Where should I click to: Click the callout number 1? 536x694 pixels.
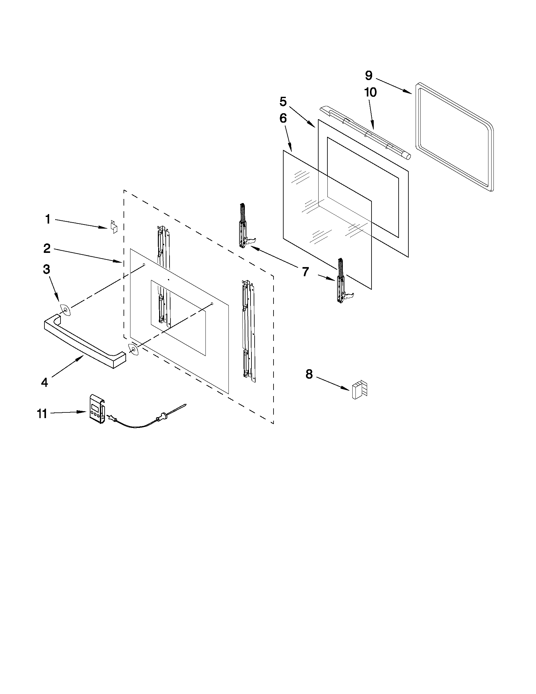point(48,219)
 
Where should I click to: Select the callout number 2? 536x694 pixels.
point(47,248)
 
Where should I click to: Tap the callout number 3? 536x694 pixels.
point(46,269)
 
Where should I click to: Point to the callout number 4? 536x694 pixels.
point(44,382)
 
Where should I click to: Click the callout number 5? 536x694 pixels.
point(283,102)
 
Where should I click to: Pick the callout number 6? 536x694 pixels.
point(283,118)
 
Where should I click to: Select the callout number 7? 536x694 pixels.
point(305,272)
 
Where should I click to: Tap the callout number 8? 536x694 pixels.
point(309,374)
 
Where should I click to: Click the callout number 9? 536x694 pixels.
point(368,76)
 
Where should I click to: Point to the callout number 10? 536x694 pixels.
point(371,92)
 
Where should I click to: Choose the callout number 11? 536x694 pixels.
point(42,414)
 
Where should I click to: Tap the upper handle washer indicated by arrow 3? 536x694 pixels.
point(65,310)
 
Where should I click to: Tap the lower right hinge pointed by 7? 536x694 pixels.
point(341,281)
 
